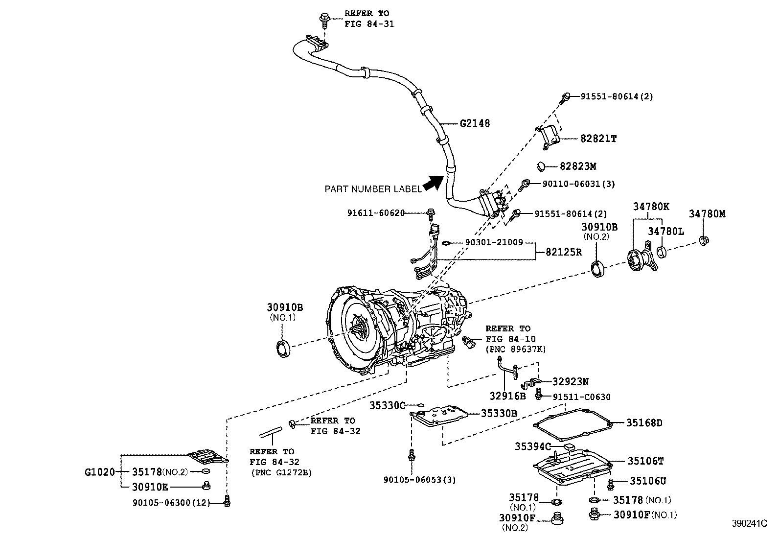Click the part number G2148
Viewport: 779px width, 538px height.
[x=475, y=123]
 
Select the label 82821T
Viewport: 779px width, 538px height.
[x=598, y=139]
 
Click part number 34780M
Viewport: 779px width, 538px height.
[x=707, y=213]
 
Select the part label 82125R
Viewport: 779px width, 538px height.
[x=564, y=253]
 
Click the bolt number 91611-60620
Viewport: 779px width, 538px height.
[x=376, y=213]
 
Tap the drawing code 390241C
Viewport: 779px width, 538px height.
[x=749, y=524]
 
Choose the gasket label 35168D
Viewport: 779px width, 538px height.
[x=644, y=423]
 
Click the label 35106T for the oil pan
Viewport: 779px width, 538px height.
[x=646, y=461]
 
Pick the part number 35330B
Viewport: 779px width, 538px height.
[x=499, y=413]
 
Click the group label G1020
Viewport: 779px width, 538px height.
[x=99, y=472]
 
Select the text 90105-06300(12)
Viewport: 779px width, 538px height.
[x=171, y=503]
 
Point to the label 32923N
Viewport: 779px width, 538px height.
[x=571, y=381]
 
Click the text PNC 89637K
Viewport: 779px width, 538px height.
[x=515, y=349]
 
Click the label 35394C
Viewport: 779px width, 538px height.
[x=533, y=446]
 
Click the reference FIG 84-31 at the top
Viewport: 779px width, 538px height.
[x=369, y=23]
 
